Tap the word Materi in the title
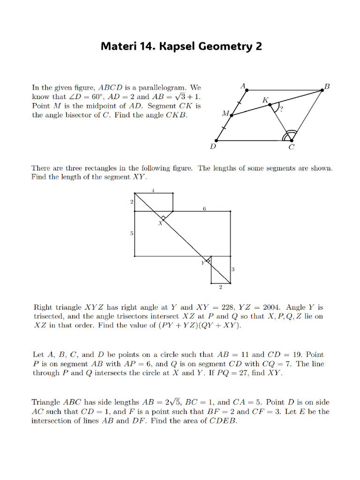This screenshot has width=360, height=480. pyautogui.click(x=117, y=46)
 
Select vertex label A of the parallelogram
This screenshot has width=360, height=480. pyautogui.click(x=243, y=86)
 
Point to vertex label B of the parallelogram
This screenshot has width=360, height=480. pyautogui.click(x=327, y=86)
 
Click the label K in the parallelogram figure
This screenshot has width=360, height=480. pyautogui.click(x=265, y=100)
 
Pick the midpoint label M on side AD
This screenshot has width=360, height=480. pyautogui.click(x=225, y=113)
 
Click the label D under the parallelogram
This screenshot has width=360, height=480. pyautogui.click(x=213, y=147)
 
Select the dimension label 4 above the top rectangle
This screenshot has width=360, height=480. pyautogui.click(x=153, y=190)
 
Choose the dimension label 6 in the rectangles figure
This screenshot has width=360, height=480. pyautogui.click(x=204, y=209)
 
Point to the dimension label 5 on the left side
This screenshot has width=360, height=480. pyautogui.click(x=131, y=233)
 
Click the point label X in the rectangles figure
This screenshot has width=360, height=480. pyautogui.click(x=159, y=223)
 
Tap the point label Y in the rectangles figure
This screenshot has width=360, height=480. pyautogui.click(x=203, y=263)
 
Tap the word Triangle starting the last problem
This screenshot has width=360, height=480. pyautogui.click(x=46, y=402)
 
